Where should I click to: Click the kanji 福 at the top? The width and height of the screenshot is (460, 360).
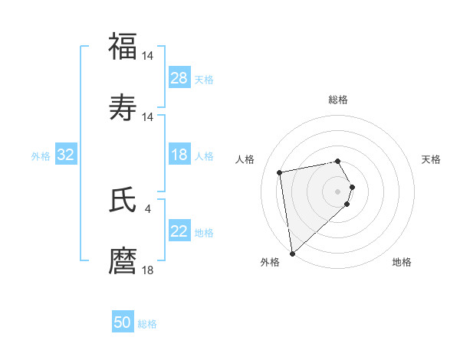coord(123,46)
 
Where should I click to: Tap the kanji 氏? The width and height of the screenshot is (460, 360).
coord(123,200)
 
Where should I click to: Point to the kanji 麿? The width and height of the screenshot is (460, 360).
coord(123,260)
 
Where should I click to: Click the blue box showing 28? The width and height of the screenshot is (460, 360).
coord(179,78)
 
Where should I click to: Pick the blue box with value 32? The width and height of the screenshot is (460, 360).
coord(66,155)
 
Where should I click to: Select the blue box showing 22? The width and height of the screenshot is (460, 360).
coord(179,231)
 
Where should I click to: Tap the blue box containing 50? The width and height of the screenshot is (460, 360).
coord(123,322)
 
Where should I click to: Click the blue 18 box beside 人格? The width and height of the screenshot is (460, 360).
coord(179,155)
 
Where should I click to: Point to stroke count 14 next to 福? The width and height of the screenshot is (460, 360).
coord(149,56)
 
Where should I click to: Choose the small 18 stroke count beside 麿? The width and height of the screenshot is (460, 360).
coord(149,270)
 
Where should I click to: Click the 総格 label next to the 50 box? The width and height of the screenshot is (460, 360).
coord(147,324)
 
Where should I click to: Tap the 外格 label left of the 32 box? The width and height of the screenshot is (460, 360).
coord(41,155)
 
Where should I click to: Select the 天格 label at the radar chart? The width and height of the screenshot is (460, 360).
coord(431,159)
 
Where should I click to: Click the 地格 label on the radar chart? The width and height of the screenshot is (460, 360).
coord(402,262)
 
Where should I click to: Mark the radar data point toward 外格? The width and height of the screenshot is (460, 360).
coord(292,253)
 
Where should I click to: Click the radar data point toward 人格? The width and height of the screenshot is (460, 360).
coord(280,172)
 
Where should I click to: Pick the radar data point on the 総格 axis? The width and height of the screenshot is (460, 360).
coord(338,161)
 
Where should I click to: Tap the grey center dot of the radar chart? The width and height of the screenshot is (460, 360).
coord(338,191)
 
